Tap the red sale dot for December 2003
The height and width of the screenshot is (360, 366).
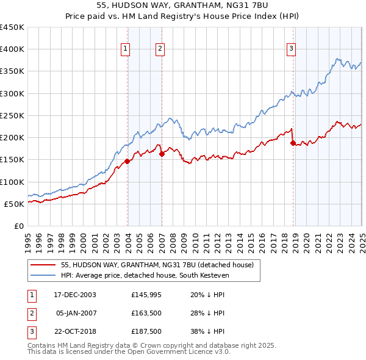[127, 162]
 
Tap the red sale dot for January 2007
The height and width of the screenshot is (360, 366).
[162, 154]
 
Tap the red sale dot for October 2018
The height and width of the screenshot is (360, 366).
[293, 143]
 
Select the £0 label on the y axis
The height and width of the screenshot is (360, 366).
[19, 226]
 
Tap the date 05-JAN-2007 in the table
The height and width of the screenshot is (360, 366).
[76, 314]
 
